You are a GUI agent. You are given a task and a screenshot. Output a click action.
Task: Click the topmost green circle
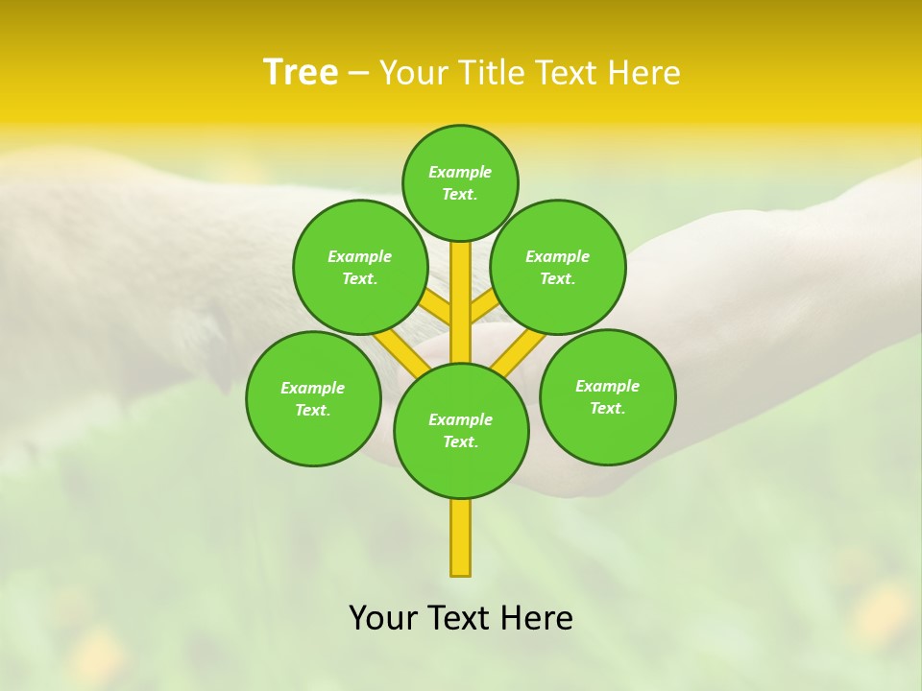coord(460,182)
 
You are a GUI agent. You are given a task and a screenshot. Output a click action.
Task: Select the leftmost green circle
coord(313,398)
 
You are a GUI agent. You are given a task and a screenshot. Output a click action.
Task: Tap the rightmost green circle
coord(607,396)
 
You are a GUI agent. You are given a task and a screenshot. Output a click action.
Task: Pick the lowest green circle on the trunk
coord(461,430)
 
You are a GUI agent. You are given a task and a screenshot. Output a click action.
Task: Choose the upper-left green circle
coord(359,267)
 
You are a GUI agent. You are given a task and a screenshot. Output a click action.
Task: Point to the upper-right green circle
coord(557,267)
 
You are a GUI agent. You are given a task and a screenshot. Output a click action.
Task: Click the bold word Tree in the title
coord(301,72)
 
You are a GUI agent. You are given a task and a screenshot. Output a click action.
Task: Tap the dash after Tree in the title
coord(358,73)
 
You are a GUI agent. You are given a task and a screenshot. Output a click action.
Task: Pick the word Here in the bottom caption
coord(536,618)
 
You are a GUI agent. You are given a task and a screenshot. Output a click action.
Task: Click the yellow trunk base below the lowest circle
coord(460,537)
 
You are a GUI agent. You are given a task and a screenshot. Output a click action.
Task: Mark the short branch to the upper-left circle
coord(436,307)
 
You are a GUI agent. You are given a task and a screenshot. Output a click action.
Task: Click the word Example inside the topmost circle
coord(460,172)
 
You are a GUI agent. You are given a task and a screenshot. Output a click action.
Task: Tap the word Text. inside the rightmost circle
coord(607,408)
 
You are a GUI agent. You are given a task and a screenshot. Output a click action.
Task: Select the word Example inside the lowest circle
coord(460,419)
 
